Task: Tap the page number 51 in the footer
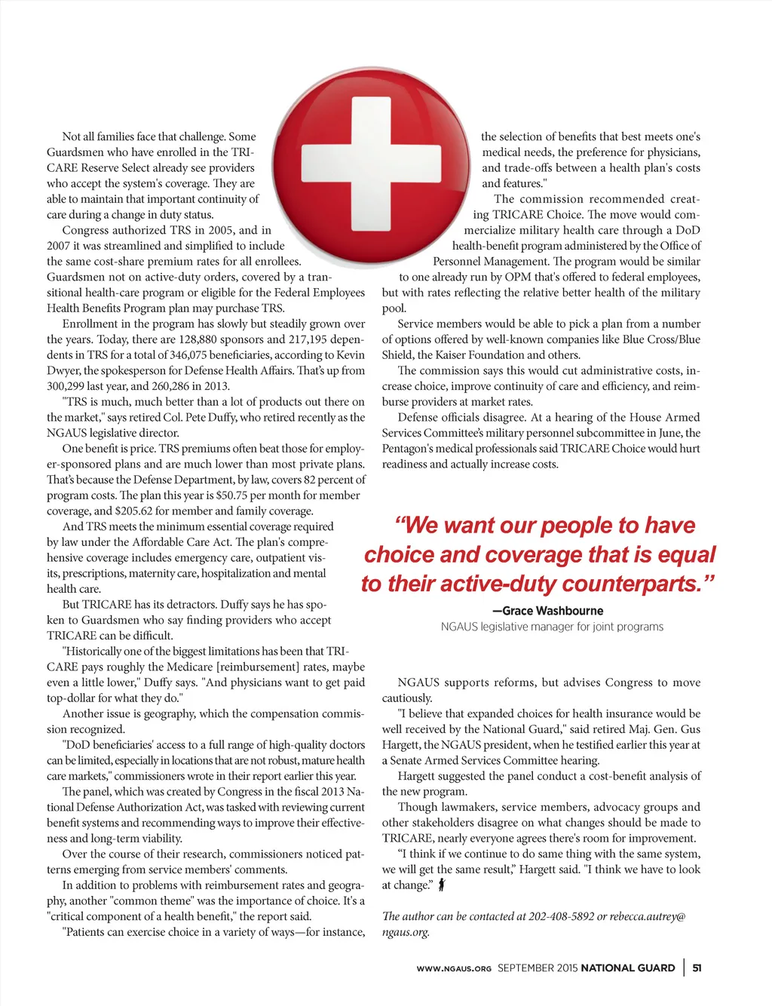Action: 697,968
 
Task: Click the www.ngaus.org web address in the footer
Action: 454,968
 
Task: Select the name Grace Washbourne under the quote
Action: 553,611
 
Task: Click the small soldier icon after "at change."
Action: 442,885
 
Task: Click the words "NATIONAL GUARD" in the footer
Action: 628,968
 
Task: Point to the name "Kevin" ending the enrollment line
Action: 351,355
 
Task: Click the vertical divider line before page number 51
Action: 685,968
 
